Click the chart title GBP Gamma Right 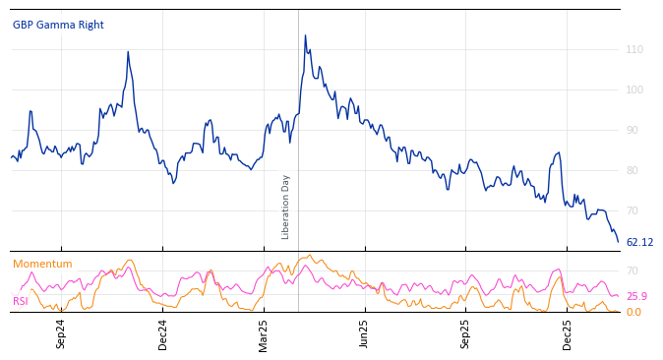(58, 25)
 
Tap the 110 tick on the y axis (634, 49)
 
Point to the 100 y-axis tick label (634, 90)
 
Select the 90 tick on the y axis (632, 130)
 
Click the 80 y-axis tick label (632, 170)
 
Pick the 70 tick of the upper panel (632, 210)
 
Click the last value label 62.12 (639, 242)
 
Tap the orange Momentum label (42, 264)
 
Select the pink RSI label (21, 301)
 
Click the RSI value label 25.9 (636, 296)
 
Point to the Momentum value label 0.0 (633, 312)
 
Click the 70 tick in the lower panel (632, 270)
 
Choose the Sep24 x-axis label (61, 333)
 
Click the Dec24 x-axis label (162, 333)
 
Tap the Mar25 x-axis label (264, 333)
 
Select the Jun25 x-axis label (364, 333)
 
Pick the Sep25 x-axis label (465, 333)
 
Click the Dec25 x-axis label (567, 333)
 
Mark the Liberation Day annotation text (286, 207)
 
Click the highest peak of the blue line (305, 36)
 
